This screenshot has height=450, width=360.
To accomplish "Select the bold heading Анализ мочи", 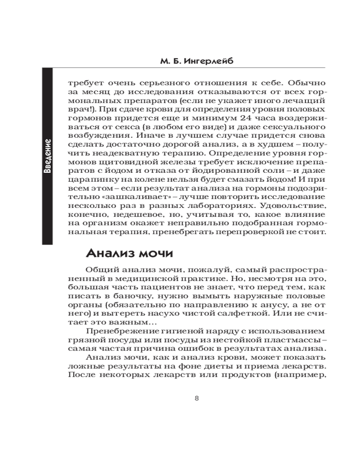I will [x=129, y=253].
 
